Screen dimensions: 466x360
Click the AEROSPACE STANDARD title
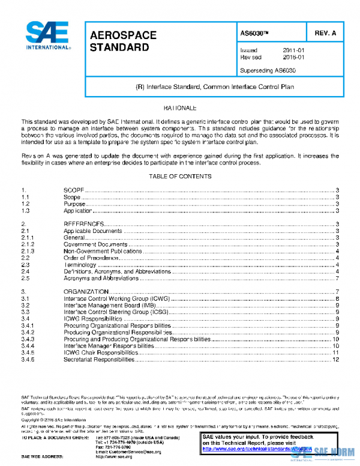pos(123,41)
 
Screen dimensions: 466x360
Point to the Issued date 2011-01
pos(293,50)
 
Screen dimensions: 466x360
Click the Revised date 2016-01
pos(293,58)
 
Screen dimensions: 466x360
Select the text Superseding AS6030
pos(268,70)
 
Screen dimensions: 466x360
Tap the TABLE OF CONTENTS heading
pos(179,176)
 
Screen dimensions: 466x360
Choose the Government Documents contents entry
pos(95,244)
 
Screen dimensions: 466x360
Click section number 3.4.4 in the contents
pos(28,346)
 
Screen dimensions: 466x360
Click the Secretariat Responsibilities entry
pos(99,360)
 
